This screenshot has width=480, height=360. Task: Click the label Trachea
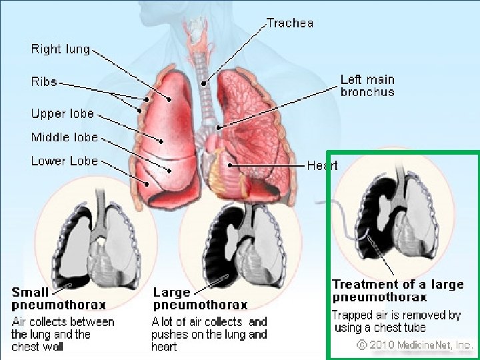point(291,23)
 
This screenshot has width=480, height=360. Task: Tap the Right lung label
point(60,49)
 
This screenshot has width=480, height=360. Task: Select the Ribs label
point(44,82)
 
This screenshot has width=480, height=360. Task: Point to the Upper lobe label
point(62,113)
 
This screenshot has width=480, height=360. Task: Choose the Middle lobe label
point(64,137)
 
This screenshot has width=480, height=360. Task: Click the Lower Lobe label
point(64,161)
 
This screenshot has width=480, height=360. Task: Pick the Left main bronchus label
point(367,86)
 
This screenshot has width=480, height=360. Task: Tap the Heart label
point(322,165)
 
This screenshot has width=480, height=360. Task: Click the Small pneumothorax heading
point(59,299)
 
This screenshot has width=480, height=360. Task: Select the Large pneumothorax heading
point(200,299)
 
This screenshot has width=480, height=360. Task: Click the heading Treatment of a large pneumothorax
point(398,290)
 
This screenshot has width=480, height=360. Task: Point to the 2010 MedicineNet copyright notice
point(415,345)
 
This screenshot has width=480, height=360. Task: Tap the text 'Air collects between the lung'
point(63,322)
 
